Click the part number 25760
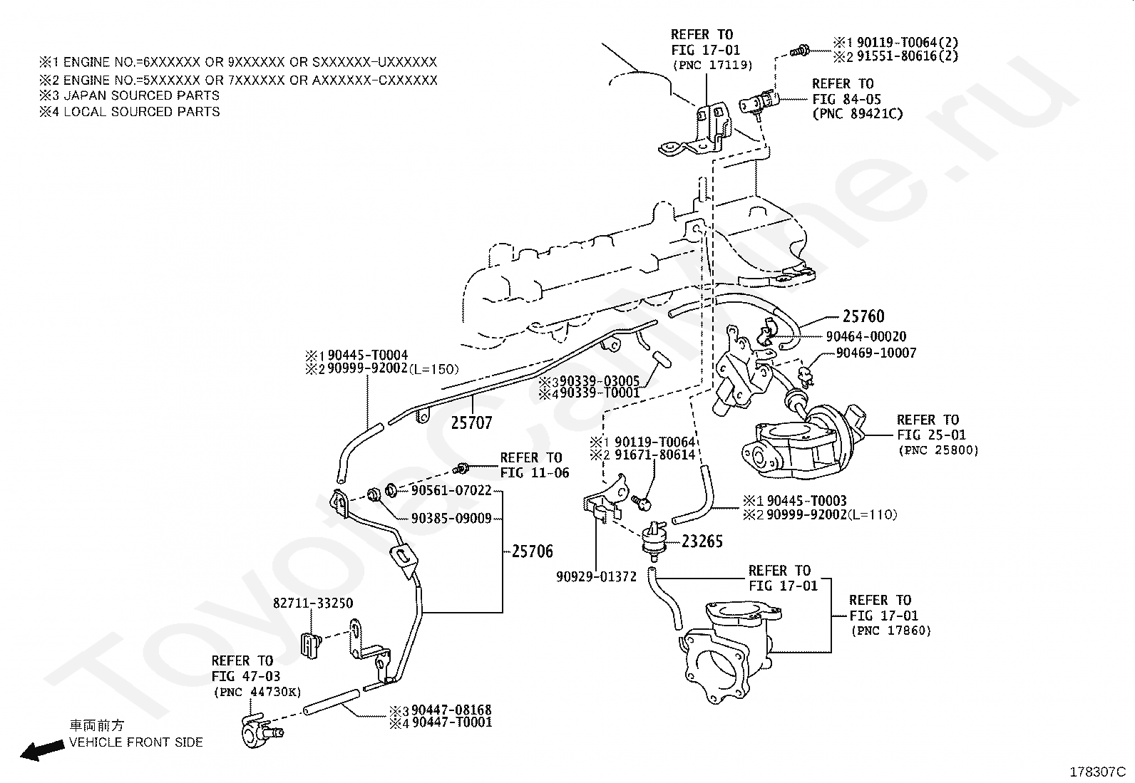(x=863, y=316)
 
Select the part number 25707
(x=472, y=422)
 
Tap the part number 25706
(x=533, y=551)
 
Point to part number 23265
(x=702, y=541)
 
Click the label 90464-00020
(x=866, y=336)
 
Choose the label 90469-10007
(x=876, y=353)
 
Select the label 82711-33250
(x=313, y=603)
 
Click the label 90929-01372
(x=597, y=576)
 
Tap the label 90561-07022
(x=451, y=490)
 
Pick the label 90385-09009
(x=451, y=518)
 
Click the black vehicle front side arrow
(x=42, y=751)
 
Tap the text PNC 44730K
(x=257, y=692)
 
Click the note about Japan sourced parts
(x=130, y=95)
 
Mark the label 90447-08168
(x=451, y=710)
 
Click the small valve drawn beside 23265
(x=654, y=541)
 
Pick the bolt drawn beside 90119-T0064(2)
(x=800, y=51)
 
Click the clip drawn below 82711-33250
(x=310, y=645)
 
